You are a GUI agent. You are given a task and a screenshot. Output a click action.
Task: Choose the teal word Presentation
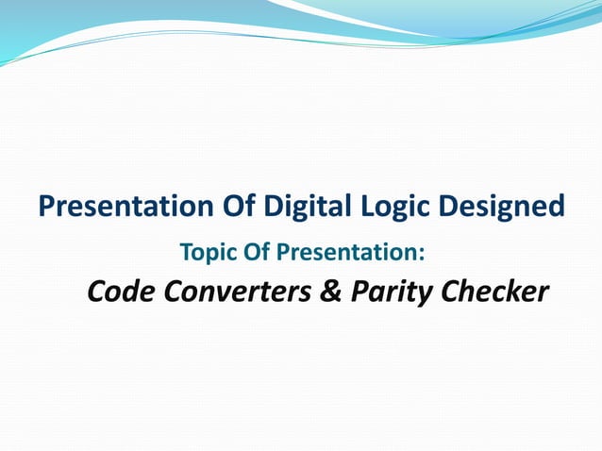(340, 253)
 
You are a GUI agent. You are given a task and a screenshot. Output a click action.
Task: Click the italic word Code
(121, 293)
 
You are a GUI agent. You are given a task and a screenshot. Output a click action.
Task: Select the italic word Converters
(238, 293)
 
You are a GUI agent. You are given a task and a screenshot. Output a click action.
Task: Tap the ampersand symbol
(331, 293)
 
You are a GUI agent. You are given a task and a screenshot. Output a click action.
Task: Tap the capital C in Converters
(174, 293)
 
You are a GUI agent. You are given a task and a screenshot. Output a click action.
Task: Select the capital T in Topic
(184, 253)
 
